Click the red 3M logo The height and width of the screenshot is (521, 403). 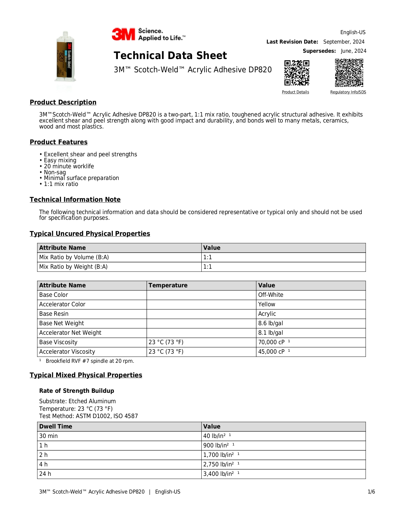123,34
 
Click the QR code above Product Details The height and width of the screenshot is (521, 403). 296,73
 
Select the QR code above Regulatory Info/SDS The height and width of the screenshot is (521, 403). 349,73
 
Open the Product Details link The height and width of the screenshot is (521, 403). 295,92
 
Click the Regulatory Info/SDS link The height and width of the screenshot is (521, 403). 348,92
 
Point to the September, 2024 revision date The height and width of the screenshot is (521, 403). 344,42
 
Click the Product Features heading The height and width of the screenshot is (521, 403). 58,142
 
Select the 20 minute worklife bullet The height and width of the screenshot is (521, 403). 69,166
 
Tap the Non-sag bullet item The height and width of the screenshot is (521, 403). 55,172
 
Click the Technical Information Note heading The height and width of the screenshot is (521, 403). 75,200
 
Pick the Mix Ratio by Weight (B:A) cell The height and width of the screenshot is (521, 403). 73,267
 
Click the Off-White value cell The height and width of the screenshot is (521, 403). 271,295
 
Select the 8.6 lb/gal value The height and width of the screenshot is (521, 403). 271,323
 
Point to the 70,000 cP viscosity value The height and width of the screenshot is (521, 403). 271,342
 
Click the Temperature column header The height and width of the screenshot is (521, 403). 168,285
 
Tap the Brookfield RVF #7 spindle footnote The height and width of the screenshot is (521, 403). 90,361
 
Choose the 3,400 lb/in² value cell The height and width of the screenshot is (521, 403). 218,474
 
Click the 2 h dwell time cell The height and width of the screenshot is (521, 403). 44,455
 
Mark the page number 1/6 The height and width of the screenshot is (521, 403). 371,492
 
